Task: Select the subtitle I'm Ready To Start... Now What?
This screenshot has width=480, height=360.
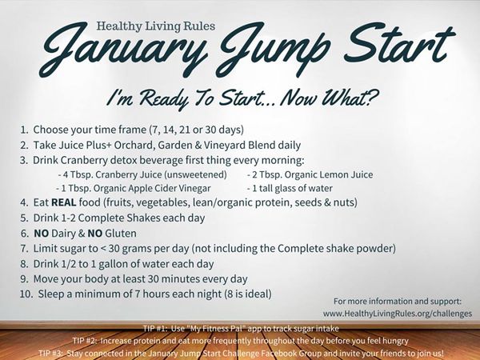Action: tap(239, 98)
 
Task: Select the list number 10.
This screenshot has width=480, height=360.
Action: tap(24, 294)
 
